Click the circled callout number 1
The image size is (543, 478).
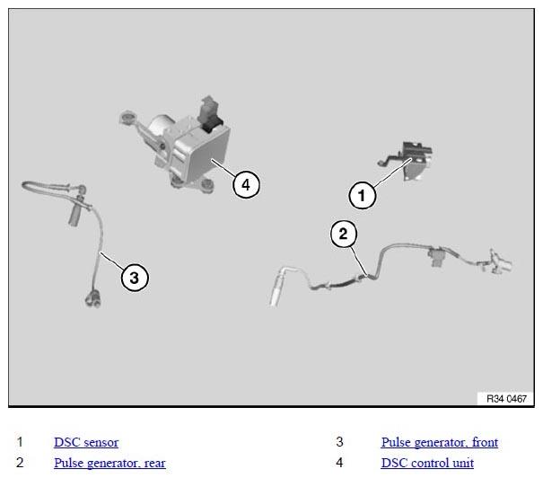pyautogui.click(x=362, y=195)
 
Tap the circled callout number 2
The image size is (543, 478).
pyautogui.click(x=343, y=234)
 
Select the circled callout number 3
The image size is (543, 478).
pyautogui.click(x=135, y=278)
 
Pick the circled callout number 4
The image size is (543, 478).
pyautogui.click(x=246, y=184)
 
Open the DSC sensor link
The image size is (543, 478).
pyautogui.click(x=86, y=442)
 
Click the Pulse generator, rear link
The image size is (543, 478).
pyautogui.click(x=109, y=463)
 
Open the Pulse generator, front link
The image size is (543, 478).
pyautogui.click(x=440, y=442)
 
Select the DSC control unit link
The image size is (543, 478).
pyautogui.click(x=427, y=463)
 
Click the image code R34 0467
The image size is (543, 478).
pyautogui.click(x=506, y=399)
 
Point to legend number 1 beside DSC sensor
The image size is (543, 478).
pyautogui.click(x=20, y=442)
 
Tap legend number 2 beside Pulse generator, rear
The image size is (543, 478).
pyautogui.click(x=20, y=463)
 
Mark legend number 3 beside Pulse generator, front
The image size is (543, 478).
pyautogui.click(x=340, y=442)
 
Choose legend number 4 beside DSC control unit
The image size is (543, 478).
pyautogui.click(x=340, y=463)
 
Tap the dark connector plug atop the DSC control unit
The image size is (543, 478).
pyautogui.click(x=209, y=114)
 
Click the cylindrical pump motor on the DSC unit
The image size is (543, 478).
pyautogui.click(x=160, y=126)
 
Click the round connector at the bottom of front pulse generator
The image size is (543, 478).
pyautogui.click(x=92, y=299)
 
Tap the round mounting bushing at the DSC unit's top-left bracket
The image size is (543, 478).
pyautogui.click(x=127, y=118)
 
